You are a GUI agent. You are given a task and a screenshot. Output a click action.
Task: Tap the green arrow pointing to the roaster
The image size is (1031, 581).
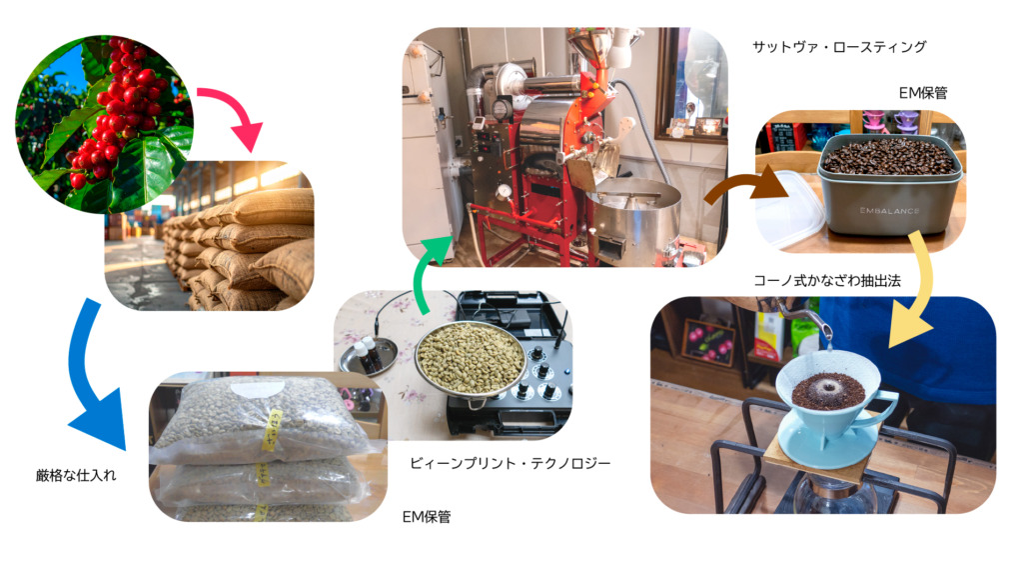[425, 270]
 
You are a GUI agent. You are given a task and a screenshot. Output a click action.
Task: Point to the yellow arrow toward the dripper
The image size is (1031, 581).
[920, 290]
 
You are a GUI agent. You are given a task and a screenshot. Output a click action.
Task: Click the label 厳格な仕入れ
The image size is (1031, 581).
[76, 475]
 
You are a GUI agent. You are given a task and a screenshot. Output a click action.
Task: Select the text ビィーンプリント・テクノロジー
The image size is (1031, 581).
[511, 463]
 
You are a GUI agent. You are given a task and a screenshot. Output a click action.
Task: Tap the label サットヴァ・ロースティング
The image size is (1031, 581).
[839, 47]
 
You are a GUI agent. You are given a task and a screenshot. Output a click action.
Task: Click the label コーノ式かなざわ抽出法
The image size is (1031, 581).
[827, 281]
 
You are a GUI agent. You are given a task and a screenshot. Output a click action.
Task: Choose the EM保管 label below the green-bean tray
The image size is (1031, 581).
[427, 517]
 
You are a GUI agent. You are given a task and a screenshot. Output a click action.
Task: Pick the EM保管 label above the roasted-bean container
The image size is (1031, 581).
[923, 93]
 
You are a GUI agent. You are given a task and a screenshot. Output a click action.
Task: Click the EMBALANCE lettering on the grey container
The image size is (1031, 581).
[889, 211]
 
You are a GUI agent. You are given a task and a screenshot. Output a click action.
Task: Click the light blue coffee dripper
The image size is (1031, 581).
[832, 408]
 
